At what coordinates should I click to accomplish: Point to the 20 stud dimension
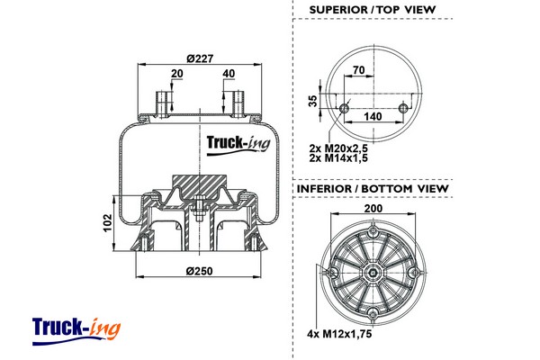(175, 74)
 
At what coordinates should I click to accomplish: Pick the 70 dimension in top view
(358, 68)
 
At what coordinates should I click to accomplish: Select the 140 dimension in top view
(373, 117)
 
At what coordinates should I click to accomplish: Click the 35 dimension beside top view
(313, 101)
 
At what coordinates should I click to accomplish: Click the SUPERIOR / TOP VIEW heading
(372, 10)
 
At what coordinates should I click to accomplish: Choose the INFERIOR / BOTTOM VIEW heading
(372, 188)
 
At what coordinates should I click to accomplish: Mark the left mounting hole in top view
(344, 109)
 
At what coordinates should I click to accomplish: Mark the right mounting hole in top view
(402, 109)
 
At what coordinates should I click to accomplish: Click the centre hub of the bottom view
(373, 269)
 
